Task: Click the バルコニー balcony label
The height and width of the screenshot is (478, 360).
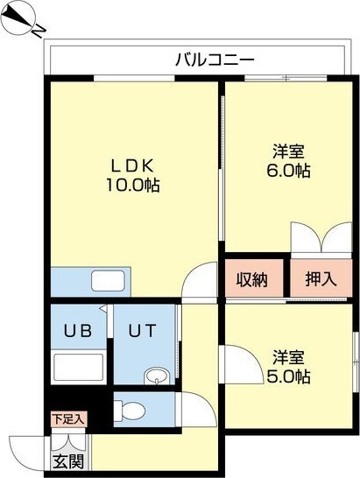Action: point(215,60)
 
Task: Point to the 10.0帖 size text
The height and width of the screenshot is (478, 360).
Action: point(132,186)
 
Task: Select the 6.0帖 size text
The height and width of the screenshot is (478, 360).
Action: point(288,171)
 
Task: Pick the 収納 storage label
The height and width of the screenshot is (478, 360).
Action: point(253,279)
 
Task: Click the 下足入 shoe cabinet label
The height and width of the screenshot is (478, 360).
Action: point(67,419)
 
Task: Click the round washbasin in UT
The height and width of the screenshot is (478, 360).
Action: point(156,376)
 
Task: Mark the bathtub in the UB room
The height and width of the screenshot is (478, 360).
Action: point(79,369)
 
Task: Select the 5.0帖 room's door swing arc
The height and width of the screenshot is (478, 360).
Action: point(235,359)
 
